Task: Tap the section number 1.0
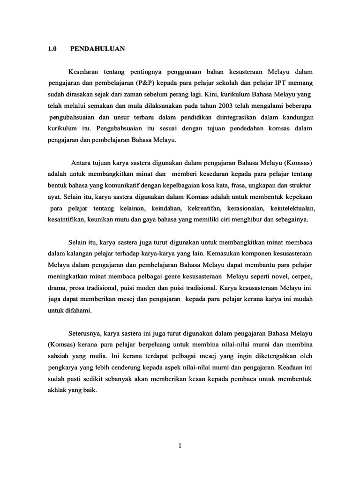coord(52,48)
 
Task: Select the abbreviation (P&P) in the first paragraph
coord(149,83)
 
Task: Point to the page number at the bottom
coord(180,446)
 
